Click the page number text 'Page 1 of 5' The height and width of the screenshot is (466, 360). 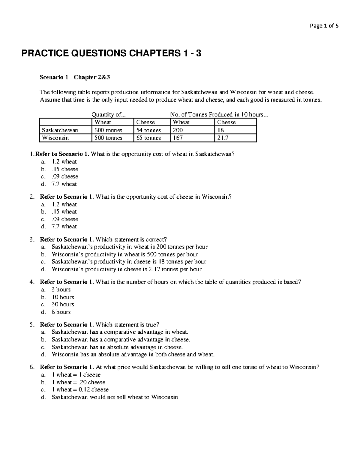coord(324,26)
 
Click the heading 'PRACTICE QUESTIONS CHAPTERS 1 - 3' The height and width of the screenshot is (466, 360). coord(111,54)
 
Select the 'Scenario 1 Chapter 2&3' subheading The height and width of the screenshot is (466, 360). coord(75,77)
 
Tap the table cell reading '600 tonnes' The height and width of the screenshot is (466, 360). coord(108,130)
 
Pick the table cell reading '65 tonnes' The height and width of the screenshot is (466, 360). coord(148,138)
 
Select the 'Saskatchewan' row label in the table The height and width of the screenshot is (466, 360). coord(60,130)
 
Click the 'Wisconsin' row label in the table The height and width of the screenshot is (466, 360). coord(55,138)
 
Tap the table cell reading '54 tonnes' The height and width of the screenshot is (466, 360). coord(148,130)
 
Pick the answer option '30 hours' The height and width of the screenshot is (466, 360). coord(63,304)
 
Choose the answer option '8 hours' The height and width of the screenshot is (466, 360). coord(61,312)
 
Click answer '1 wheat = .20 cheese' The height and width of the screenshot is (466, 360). coord(78,382)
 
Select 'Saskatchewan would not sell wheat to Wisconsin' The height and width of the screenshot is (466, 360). coord(115,397)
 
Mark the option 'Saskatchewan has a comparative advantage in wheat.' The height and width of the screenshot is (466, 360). coord(120,332)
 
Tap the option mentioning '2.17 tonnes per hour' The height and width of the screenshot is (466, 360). coord(127,269)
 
